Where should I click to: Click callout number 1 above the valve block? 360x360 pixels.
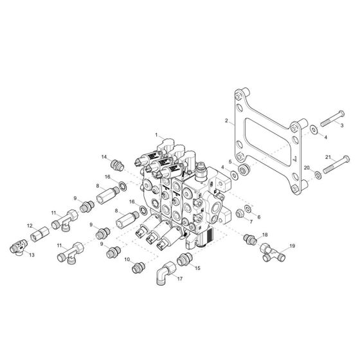(x=156, y=135)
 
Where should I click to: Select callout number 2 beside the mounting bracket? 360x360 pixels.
(x=226, y=120)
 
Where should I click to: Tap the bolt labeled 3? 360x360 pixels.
(x=332, y=118)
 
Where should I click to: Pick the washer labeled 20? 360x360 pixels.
(x=318, y=175)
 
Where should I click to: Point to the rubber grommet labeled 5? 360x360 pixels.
(x=243, y=170)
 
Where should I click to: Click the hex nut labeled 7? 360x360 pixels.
(x=240, y=213)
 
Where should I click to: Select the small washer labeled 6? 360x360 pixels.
(x=248, y=208)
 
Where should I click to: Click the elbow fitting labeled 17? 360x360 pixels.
(x=166, y=273)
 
